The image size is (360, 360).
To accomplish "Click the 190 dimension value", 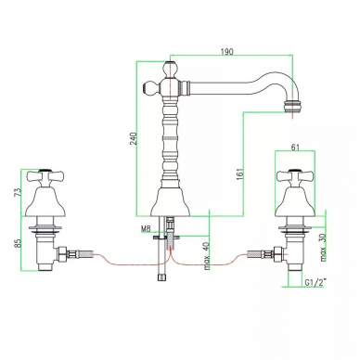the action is pyautogui.click(x=226, y=51).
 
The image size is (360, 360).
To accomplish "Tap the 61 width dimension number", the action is pyautogui.click(x=295, y=148).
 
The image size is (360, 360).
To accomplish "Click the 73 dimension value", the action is pyautogui.click(x=19, y=192).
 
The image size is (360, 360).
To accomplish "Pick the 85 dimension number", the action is pyautogui.click(x=19, y=243).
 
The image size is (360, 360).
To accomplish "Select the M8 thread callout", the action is pyautogui.click(x=146, y=229).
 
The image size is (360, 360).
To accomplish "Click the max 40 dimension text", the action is pyautogui.click(x=207, y=255).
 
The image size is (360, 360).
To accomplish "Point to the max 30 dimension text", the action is pyautogui.click(x=323, y=248).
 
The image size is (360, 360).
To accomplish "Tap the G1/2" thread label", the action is pyautogui.click(x=315, y=282).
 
